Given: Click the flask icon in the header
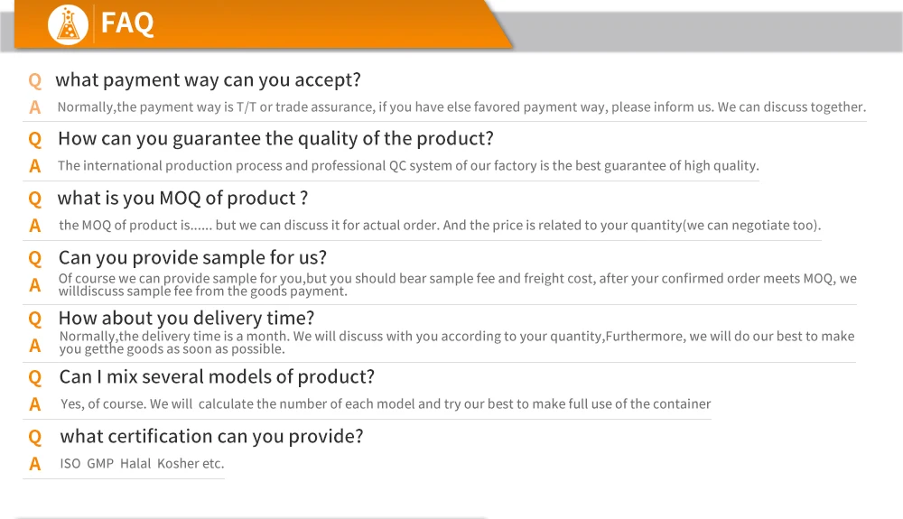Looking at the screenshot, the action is tap(68, 24).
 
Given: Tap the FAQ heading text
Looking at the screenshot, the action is tap(127, 23).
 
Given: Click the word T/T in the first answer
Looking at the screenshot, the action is tap(246, 107).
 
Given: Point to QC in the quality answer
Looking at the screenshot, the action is tap(397, 166).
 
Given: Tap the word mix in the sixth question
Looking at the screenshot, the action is tap(122, 377).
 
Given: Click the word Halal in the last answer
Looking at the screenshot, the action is tap(135, 463).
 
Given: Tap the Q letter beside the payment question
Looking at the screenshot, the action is tap(35, 80).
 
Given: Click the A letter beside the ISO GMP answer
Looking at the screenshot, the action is tap(35, 464).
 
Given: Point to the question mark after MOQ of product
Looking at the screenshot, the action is tap(304, 198).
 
